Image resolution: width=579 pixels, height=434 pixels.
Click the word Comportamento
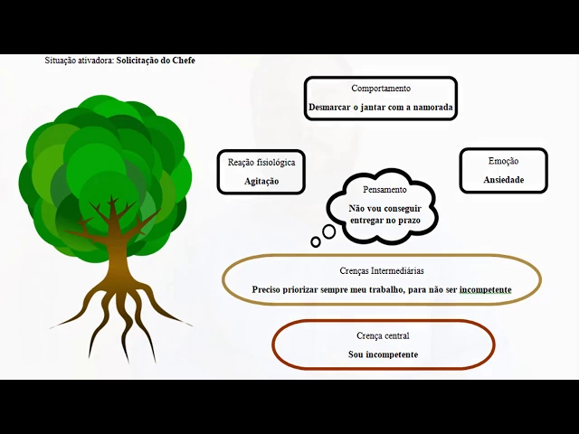(381, 89)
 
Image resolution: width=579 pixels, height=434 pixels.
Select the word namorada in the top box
(430, 107)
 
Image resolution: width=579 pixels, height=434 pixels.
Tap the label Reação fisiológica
(261, 163)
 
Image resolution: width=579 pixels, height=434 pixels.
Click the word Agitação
(261, 181)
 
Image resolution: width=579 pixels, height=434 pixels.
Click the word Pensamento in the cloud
(384, 190)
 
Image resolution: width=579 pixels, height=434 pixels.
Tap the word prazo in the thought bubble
(408, 221)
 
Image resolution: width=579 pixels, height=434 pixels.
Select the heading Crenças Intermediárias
(381, 270)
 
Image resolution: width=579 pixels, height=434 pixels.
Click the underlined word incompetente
(486, 289)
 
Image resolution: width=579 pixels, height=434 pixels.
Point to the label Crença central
(383, 335)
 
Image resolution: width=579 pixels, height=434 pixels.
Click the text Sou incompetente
(383, 354)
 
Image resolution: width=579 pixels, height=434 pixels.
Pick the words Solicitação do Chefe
(156, 61)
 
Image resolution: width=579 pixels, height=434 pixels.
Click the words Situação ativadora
(79, 61)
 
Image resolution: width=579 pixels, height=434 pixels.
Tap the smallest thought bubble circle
(315, 241)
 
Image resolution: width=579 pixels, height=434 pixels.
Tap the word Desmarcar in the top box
(330, 107)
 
